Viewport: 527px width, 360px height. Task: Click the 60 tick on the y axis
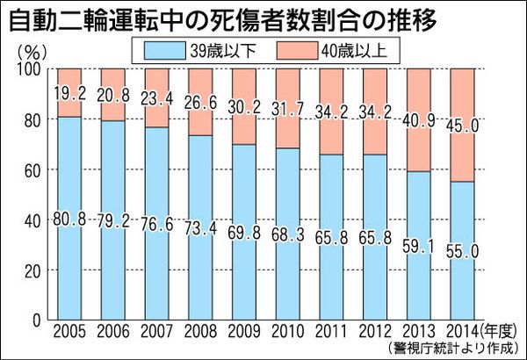32,171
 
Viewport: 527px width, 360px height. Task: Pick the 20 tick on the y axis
32,273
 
